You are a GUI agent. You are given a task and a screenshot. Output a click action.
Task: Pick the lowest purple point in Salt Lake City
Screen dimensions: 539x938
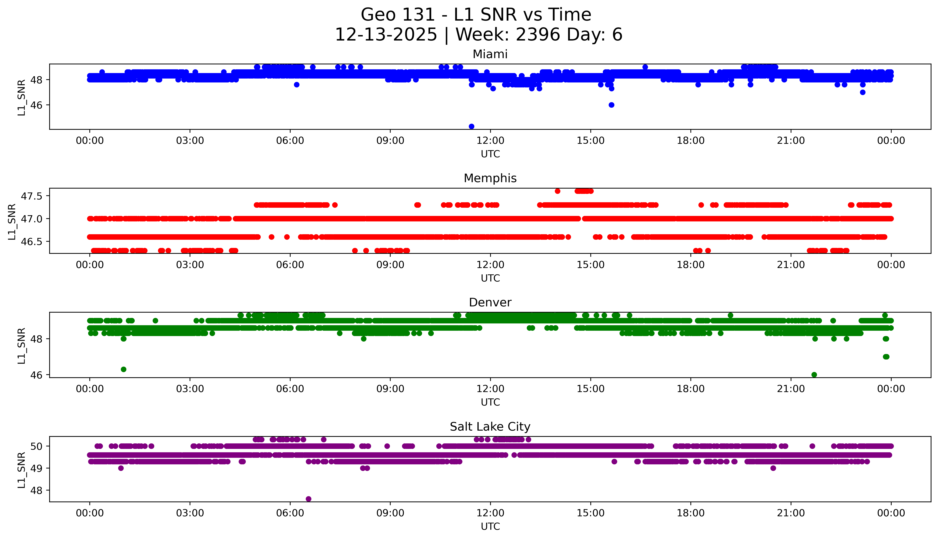tap(308, 499)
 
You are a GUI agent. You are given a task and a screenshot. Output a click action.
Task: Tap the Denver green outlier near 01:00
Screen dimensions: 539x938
tap(124, 369)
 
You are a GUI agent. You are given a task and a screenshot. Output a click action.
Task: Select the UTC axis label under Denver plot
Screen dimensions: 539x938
tap(490, 402)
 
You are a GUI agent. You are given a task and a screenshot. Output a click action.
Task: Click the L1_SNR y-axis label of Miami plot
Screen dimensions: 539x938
tap(22, 97)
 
